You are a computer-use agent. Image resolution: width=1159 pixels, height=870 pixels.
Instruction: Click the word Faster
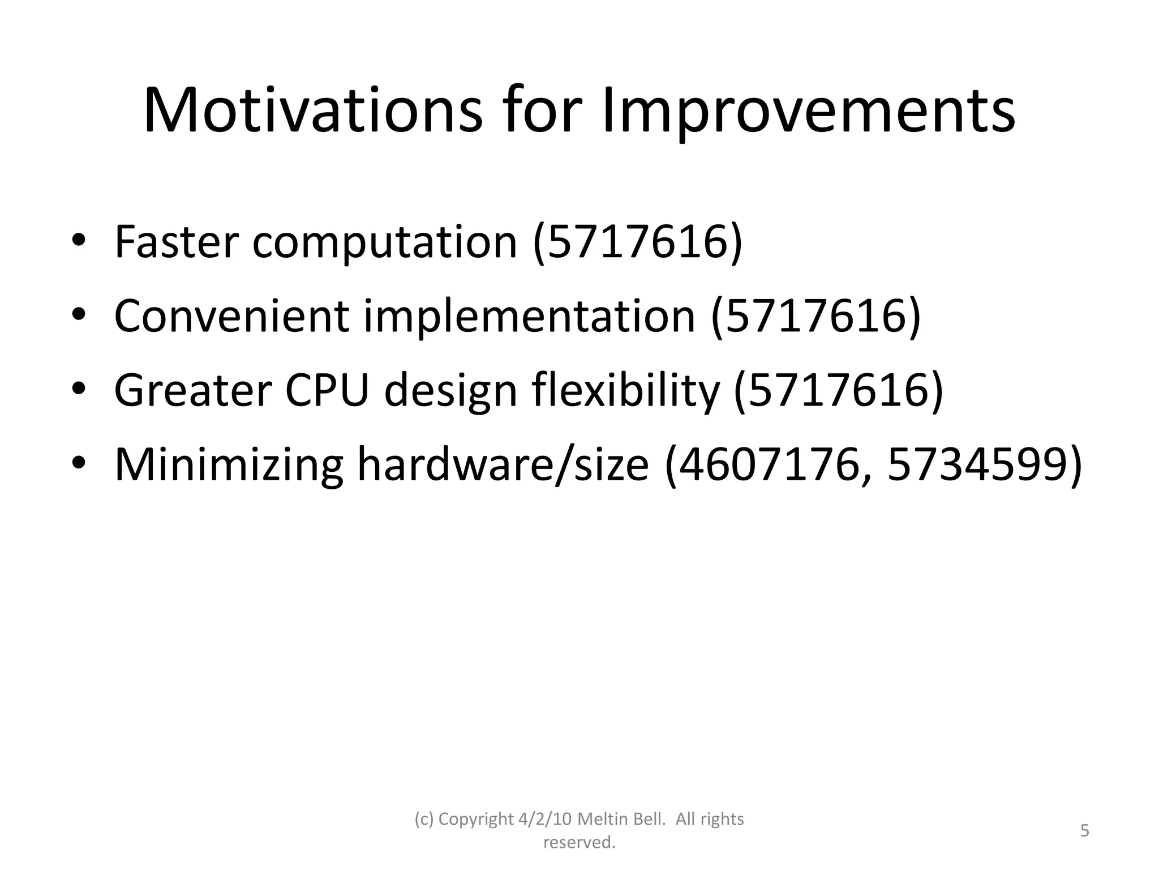coord(177,242)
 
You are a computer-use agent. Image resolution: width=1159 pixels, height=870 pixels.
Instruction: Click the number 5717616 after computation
coord(637,242)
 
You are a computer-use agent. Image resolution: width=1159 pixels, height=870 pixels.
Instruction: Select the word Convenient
coord(231,316)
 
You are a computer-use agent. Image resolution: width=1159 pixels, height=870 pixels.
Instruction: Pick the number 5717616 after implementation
coord(815,316)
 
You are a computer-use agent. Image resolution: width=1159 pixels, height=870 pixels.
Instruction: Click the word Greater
coord(193,391)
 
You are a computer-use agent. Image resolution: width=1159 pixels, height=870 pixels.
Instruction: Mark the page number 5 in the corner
coord(1084,831)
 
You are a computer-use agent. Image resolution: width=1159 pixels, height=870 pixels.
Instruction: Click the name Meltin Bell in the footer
coord(621,819)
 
